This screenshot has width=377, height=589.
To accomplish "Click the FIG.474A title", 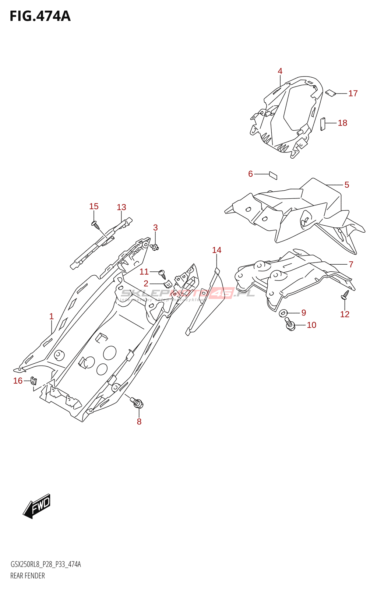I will [x=40, y=16].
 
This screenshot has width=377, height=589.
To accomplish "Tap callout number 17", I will [x=353, y=94].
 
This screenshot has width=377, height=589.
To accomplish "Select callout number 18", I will [x=342, y=123].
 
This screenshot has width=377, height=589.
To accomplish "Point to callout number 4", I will [x=280, y=71].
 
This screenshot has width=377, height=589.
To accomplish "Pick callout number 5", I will [x=346, y=185].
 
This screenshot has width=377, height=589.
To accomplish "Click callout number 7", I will [x=351, y=264].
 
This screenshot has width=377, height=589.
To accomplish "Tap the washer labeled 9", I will [x=283, y=313].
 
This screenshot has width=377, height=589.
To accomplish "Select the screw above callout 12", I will [x=346, y=294].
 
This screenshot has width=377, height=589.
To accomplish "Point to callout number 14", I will [x=217, y=250].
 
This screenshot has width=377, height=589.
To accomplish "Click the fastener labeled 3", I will [x=155, y=247].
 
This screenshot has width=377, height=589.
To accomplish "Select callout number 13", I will [x=121, y=207].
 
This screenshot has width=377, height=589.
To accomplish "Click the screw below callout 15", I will [x=95, y=224].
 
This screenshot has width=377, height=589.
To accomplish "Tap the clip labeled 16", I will [x=34, y=381].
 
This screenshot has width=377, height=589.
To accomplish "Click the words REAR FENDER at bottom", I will [x=28, y=576].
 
